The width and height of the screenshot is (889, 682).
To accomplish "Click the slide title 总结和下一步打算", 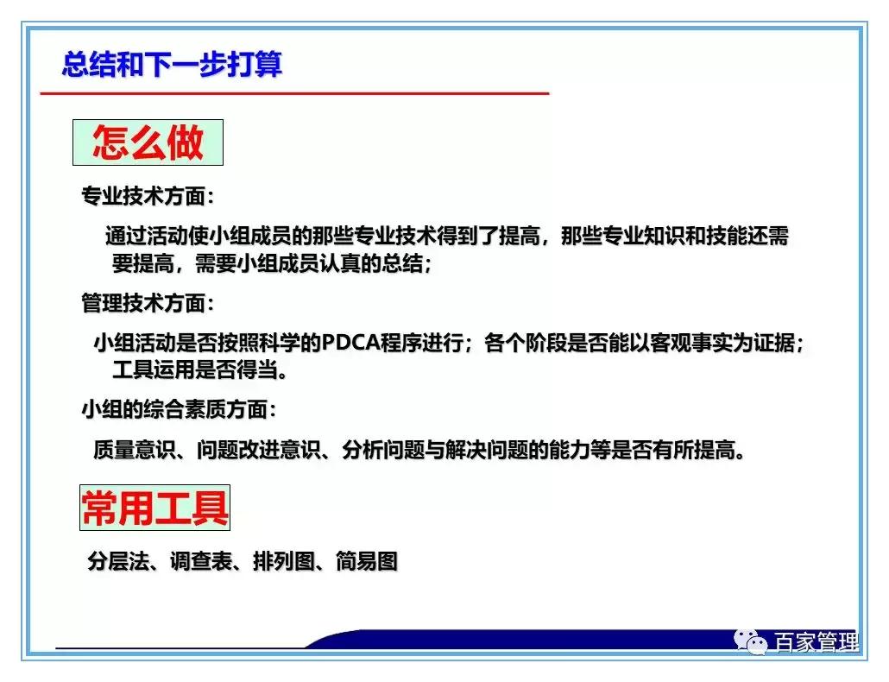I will [x=172, y=65].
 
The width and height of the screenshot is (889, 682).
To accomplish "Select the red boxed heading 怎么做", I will [x=148, y=142].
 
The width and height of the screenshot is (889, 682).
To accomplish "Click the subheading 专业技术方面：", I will [x=148, y=197].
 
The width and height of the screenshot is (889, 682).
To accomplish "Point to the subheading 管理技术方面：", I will [x=148, y=303].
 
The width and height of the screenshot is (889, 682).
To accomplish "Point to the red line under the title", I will [x=293, y=92].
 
